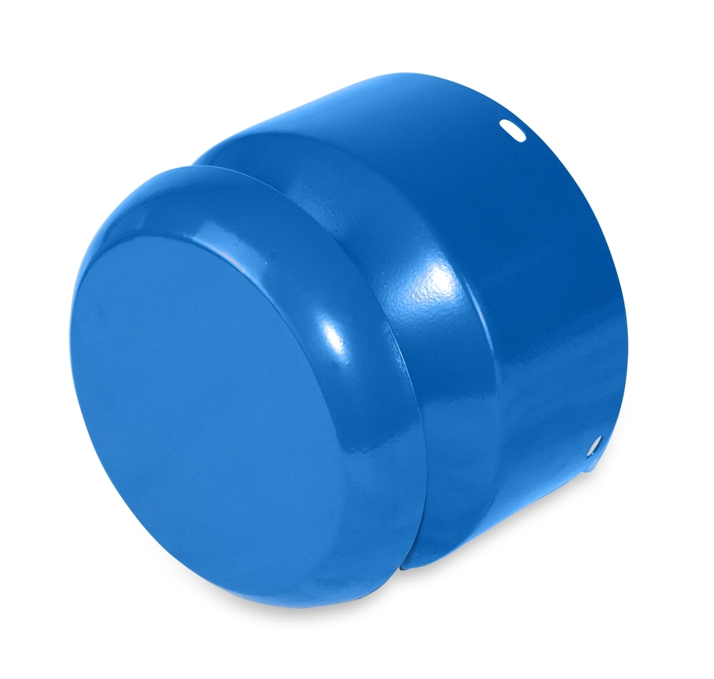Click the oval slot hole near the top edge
click(511, 130)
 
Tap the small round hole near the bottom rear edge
click(592, 446)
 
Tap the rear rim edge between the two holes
click(623, 299)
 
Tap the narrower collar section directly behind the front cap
click(456, 427)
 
